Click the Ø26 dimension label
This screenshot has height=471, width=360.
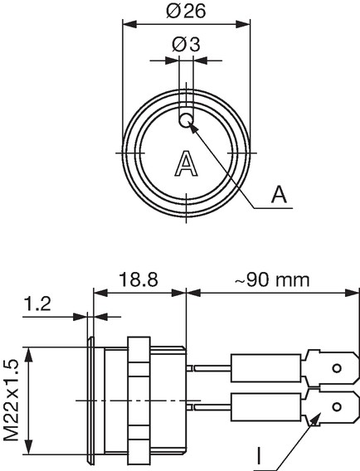click(x=186, y=11)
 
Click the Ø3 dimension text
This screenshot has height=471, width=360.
click(x=186, y=45)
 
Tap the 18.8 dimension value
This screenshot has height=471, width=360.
click(x=139, y=279)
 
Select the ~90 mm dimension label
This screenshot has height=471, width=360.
click(x=272, y=280)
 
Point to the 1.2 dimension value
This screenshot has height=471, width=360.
click(x=37, y=304)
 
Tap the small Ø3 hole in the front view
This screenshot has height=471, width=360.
click(x=186, y=120)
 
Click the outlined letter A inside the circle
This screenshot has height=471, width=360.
click(x=187, y=163)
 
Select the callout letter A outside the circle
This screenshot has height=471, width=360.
click(x=279, y=194)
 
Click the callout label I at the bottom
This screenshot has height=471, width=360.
click(x=259, y=456)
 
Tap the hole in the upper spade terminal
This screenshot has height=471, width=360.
click(x=337, y=367)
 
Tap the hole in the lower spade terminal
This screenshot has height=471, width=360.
click(x=337, y=415)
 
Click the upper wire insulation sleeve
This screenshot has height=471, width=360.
click(x=266, y=368)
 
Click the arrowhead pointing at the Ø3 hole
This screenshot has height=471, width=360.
click(x=194, y=129)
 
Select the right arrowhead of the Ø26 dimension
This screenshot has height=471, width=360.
click(x=243, y=24)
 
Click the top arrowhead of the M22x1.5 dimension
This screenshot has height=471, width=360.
click(x=28, y=354)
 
